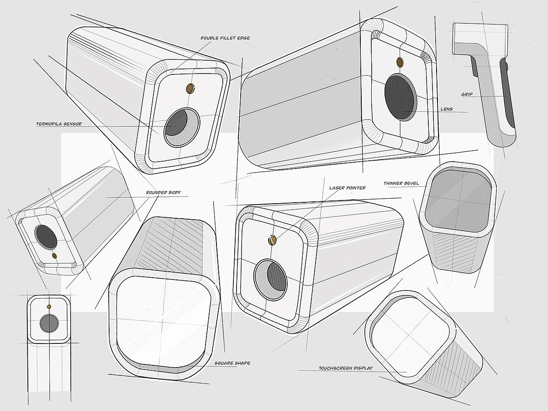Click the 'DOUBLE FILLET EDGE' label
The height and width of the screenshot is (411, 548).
point(225,38)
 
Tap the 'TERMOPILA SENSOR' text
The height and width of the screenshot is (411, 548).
point(59,124)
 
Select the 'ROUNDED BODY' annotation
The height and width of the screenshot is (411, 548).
point(163,193)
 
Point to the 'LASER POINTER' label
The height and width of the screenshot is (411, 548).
point(347,188)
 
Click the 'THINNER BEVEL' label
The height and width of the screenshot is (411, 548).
point(401,184)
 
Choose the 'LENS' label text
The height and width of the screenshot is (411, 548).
point(447,109)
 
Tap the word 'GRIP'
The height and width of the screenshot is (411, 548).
point(467,95)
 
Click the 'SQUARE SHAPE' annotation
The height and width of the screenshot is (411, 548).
point(232,363)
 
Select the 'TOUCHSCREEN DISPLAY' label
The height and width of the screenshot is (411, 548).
point(346,368)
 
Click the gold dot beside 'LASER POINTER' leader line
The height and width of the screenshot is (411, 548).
point(272,240)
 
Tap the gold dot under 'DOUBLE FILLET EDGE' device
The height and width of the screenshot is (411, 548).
point(190,89)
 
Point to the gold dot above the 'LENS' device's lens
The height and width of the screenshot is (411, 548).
point(400,62)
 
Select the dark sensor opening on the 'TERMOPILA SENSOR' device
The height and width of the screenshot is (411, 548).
point(176,123)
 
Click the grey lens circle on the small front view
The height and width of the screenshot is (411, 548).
point(49,323)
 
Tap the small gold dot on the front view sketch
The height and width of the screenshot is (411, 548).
point(49,306)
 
